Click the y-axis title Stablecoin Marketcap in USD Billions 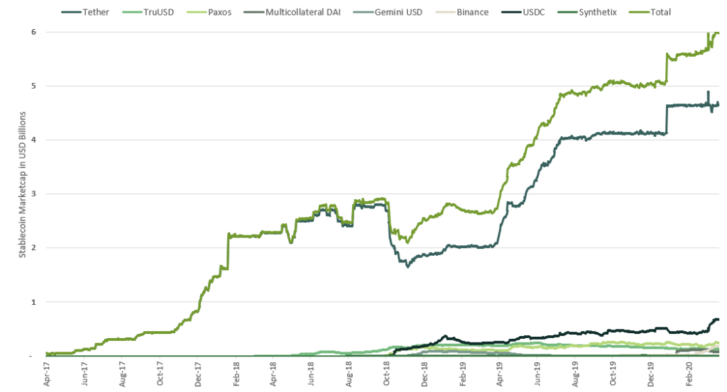(x=22, y=184)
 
